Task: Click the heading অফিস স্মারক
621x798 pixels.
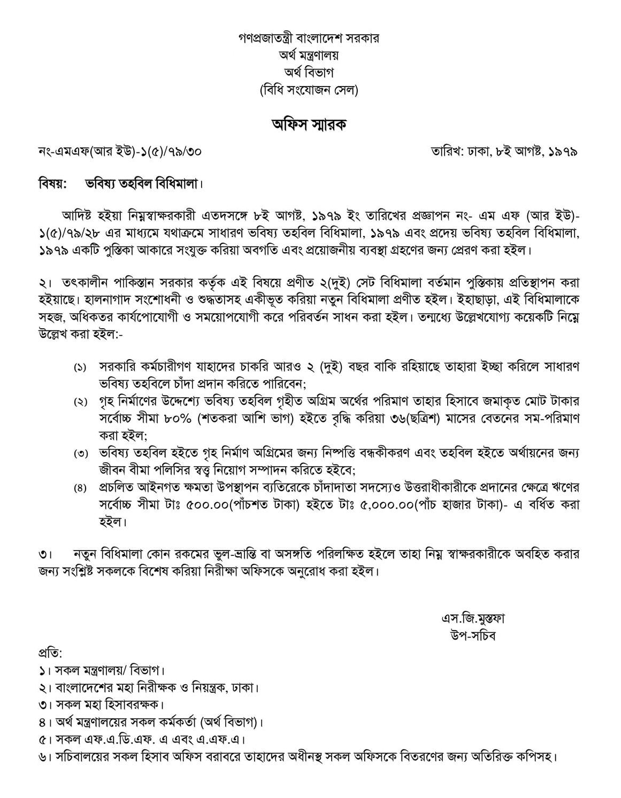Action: click(x=310, y=125)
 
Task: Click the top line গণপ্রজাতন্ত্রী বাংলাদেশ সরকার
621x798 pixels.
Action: click(x=310, y=40)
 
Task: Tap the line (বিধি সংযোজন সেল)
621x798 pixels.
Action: click(x=310, y=90)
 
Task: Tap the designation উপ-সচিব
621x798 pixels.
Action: click(x=473, y=636)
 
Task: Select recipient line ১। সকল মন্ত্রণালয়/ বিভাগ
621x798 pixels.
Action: click(x=102, y=670)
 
